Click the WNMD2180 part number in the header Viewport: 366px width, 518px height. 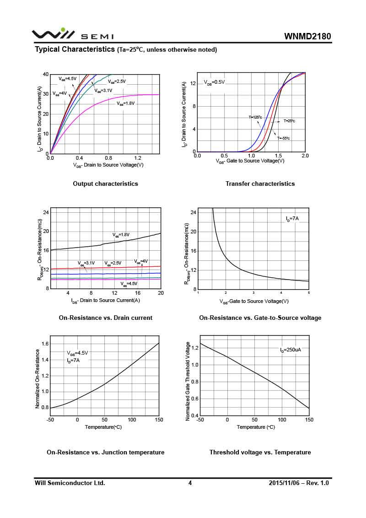point(307,36)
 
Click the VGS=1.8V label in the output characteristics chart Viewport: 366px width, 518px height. point(126,103)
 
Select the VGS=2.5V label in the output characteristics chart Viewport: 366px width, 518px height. point(117,81)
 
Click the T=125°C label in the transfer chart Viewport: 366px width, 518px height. point(255,117)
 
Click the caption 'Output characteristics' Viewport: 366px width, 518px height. point(105,183)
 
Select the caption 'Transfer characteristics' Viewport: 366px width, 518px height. point(260,183)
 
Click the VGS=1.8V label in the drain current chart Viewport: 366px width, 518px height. point(122,235)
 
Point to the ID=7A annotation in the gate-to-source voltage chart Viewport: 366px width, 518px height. point(292,219)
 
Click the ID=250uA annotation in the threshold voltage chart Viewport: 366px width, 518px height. point(291,350)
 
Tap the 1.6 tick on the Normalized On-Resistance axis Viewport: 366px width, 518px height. point(45,344)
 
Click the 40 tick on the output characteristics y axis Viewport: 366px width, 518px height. point(45,74)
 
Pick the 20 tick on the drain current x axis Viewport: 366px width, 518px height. point(160,293)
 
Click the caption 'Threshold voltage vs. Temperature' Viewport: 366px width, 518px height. point(260,452)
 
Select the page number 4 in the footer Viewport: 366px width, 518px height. point(190,483)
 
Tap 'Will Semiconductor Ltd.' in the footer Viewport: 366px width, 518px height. point(70,483)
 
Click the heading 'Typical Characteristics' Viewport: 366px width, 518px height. point(75,49)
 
